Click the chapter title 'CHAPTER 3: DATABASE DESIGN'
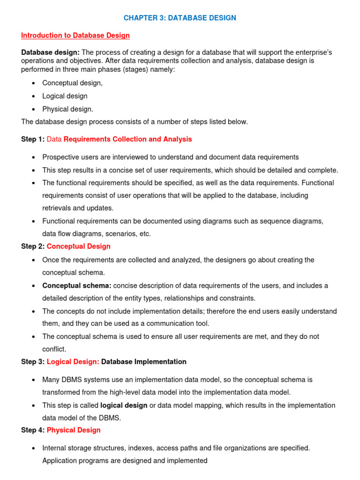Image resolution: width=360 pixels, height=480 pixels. [180, 18]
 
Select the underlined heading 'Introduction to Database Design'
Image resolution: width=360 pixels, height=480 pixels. [75, 36]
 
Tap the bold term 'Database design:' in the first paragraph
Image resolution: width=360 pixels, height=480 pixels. [50, 52]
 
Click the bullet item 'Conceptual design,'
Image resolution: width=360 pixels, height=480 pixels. [72, 83]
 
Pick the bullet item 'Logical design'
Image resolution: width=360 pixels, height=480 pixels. [65, 96]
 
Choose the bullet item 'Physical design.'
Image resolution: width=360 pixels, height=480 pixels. [67, 109]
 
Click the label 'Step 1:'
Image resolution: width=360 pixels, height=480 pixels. [33, 139]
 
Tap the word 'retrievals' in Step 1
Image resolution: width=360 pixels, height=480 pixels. [57, 208]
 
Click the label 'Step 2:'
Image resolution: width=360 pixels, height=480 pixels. [33, 246]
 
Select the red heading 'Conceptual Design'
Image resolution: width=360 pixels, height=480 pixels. [79, 246]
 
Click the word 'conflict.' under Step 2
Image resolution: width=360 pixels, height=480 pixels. [54, 349]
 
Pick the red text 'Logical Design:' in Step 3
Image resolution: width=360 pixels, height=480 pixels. [73, 362]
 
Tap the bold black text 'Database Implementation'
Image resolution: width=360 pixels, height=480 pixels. [144, 362]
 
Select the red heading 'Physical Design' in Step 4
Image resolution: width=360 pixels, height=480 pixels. [74, 430]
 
